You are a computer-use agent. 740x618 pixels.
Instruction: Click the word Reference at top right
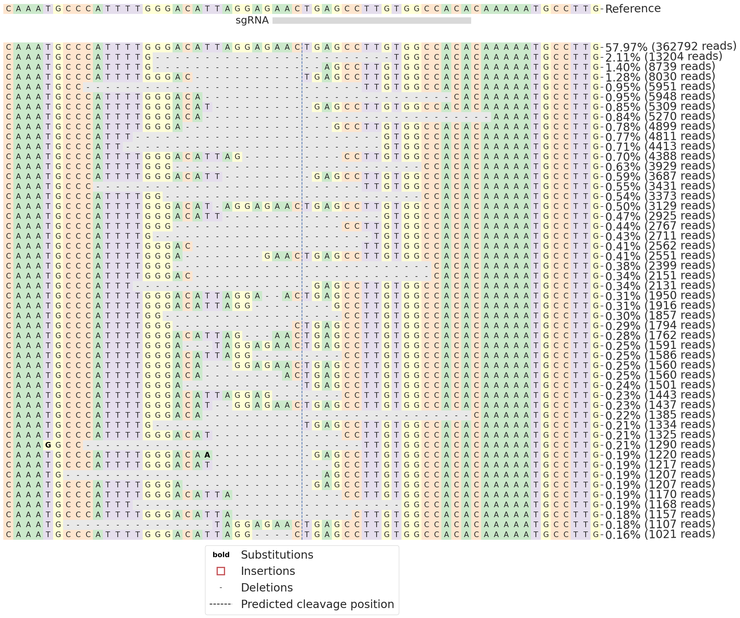click(x=632, y=8)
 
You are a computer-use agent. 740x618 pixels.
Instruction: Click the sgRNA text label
click(x=252, y=21)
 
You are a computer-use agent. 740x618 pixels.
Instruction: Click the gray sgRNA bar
click(x=372, y=21)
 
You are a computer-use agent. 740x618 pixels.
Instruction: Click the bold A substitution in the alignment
click(x=207, y=455)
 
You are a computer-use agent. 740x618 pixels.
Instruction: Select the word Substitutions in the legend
click(x=277, y=555)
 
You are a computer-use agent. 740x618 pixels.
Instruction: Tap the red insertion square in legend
click(x=221, y=571)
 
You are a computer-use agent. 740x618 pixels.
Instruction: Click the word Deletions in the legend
click(x=267, y=588)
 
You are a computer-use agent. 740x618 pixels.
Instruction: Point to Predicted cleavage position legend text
click(x=317, y=604)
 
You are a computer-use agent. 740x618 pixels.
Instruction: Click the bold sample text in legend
click(x=221, y=555)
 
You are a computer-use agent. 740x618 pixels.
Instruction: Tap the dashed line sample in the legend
click(x=221, y=604)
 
